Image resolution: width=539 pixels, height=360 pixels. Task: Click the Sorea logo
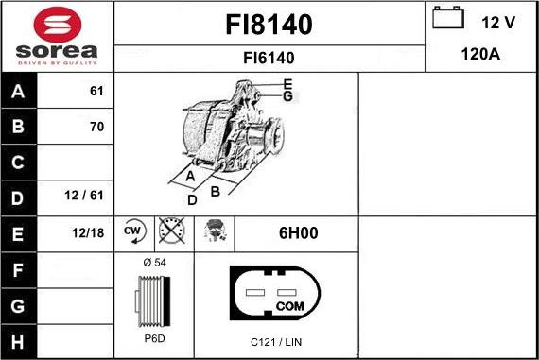57,36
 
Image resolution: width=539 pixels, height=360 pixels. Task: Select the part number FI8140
269,24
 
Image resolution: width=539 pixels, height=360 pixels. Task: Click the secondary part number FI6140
269,58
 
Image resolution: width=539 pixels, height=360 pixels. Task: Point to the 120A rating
480,55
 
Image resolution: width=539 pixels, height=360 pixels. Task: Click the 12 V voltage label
497,20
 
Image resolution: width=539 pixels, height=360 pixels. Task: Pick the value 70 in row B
96,127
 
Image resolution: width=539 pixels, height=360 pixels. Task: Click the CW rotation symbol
133,231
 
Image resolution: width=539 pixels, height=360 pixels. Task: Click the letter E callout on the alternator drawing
287,83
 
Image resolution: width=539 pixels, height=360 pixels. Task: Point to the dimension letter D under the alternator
192,199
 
